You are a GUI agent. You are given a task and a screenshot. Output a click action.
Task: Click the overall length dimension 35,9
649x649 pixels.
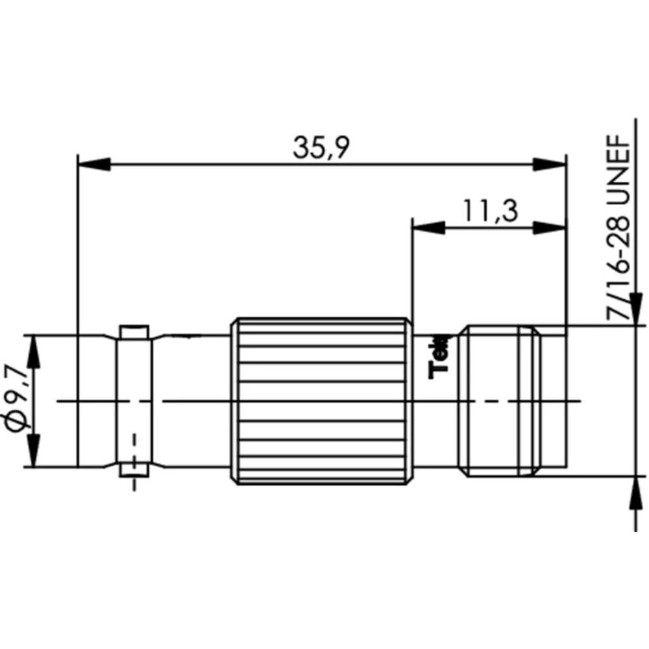click(x=321, y=148)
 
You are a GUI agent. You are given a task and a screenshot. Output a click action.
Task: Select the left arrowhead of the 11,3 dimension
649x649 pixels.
click(x=429, y=227)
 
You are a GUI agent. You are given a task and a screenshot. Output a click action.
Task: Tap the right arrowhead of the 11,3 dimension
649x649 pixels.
click(x=550, y=227)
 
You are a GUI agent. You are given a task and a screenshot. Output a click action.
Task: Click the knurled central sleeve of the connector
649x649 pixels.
click(x=321, y=401)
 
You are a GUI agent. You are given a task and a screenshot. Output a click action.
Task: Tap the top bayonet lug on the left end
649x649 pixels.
click(x=134, y=332)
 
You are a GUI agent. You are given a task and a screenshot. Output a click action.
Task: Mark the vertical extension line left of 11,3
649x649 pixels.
click(x=412, y=273)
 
